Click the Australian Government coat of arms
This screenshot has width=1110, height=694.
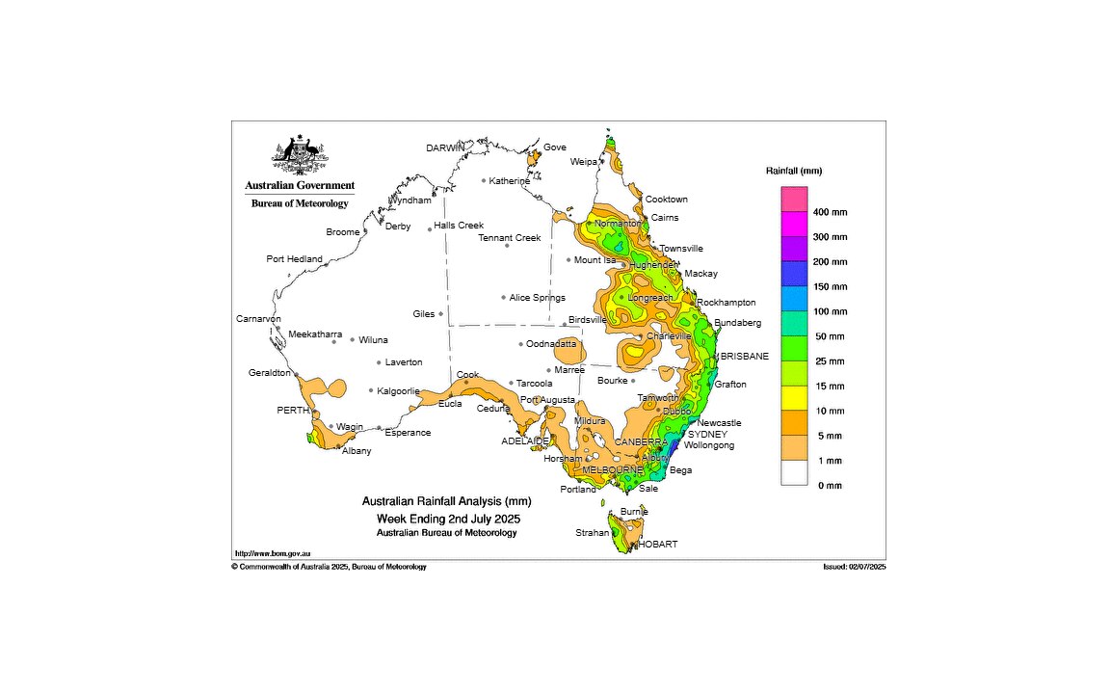[300, 152]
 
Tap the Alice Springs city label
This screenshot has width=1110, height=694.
[538, 298]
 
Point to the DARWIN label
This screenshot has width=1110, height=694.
[445, 147]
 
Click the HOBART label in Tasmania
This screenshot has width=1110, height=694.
[657, 544]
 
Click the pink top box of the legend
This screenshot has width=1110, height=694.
[794, 199]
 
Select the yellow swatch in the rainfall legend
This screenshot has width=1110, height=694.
[794, 397]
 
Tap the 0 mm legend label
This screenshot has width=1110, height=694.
[828, 486]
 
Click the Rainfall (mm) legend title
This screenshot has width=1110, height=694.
[794, 171]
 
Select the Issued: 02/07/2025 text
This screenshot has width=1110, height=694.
[848, 567]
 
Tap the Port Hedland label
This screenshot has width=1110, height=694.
[294, 259]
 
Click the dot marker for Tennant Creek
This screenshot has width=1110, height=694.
[507, 246]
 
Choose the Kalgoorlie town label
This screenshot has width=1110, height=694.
[398, 391]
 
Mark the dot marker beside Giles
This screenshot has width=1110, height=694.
[441, 313]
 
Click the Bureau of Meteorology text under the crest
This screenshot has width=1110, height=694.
[300, 203]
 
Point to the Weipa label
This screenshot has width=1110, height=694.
[583, 162]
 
